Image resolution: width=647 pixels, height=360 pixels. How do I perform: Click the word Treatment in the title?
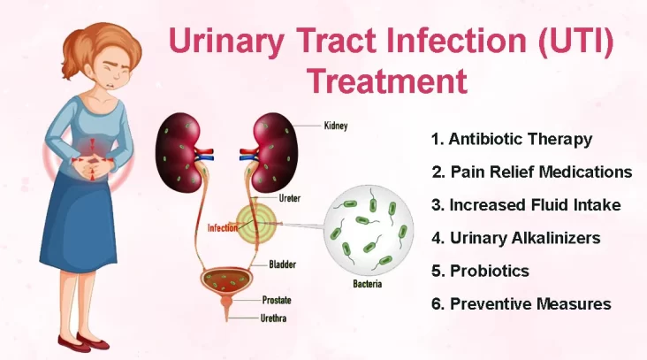coord(387,80)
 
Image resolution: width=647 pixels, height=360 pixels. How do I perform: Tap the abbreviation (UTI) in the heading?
coord(575,40)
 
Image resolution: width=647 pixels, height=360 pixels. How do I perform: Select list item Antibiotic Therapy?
coord(512,140)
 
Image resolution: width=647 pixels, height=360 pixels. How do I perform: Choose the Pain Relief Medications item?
coord(532,172)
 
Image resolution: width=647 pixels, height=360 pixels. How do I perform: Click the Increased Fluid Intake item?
coord(526,205)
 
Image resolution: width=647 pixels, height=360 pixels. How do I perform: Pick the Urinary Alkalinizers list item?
coord(516,238)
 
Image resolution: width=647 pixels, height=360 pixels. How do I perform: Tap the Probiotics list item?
coord(480,271)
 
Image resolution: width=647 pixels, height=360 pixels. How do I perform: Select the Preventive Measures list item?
coord(521,304)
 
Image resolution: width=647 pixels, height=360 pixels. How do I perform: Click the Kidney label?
coord(336,126)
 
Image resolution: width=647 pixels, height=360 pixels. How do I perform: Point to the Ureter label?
coord(290,198)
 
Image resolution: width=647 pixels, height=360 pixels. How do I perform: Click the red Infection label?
coord(222,228)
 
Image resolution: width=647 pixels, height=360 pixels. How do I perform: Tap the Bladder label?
coord(282,264)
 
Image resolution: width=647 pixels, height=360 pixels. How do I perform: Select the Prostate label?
coord(277,300)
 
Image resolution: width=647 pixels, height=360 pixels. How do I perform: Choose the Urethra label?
coord(273,318)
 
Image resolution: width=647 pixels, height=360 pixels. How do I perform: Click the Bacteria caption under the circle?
coord(367,284)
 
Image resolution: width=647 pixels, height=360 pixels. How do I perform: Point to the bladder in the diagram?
coord(225,280)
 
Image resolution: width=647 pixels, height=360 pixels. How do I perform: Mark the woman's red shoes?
coord(83,342)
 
